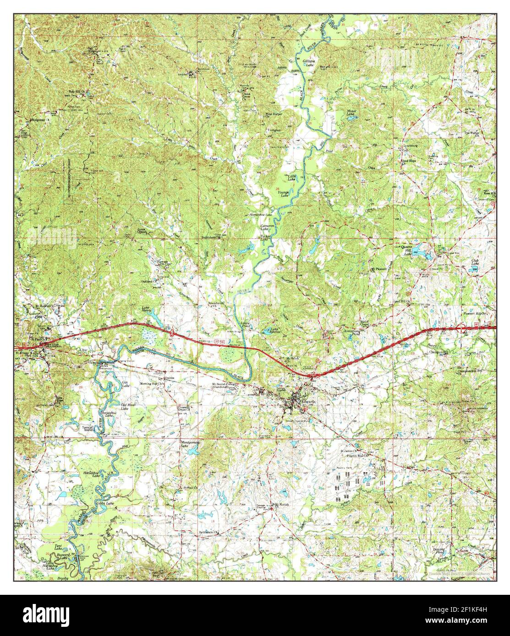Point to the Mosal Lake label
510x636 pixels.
[x=351, y=113]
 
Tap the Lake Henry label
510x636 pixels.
[x=146, y=309]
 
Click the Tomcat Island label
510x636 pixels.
[x=88, y=428]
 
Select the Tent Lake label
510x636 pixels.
[x=58, y=548]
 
